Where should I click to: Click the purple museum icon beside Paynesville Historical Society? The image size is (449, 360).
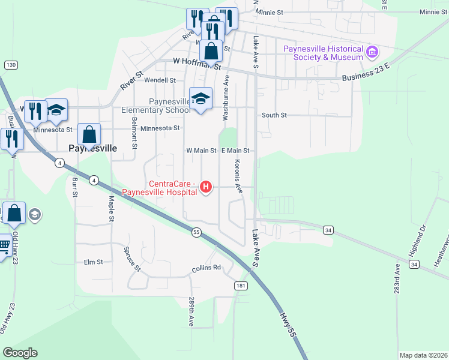(x=372, y=52)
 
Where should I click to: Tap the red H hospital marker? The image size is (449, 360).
(x=206, y=187)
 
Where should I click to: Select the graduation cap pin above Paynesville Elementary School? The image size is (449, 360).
(x=200, y=98)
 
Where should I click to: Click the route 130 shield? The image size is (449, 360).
(x=10, y=64)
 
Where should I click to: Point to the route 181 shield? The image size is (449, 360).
(x=241, y=286)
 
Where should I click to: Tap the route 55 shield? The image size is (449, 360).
(x=196, y=232)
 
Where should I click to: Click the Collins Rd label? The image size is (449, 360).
(x=206, y=268)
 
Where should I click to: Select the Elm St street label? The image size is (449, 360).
(x=94, y=262)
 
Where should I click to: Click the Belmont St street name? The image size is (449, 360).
(x=134, y=137)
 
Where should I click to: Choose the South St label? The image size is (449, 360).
(x=274, y=115)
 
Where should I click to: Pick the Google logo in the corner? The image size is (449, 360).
(x=20, y=353)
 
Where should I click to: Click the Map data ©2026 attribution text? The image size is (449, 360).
(x=423, y=355)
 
